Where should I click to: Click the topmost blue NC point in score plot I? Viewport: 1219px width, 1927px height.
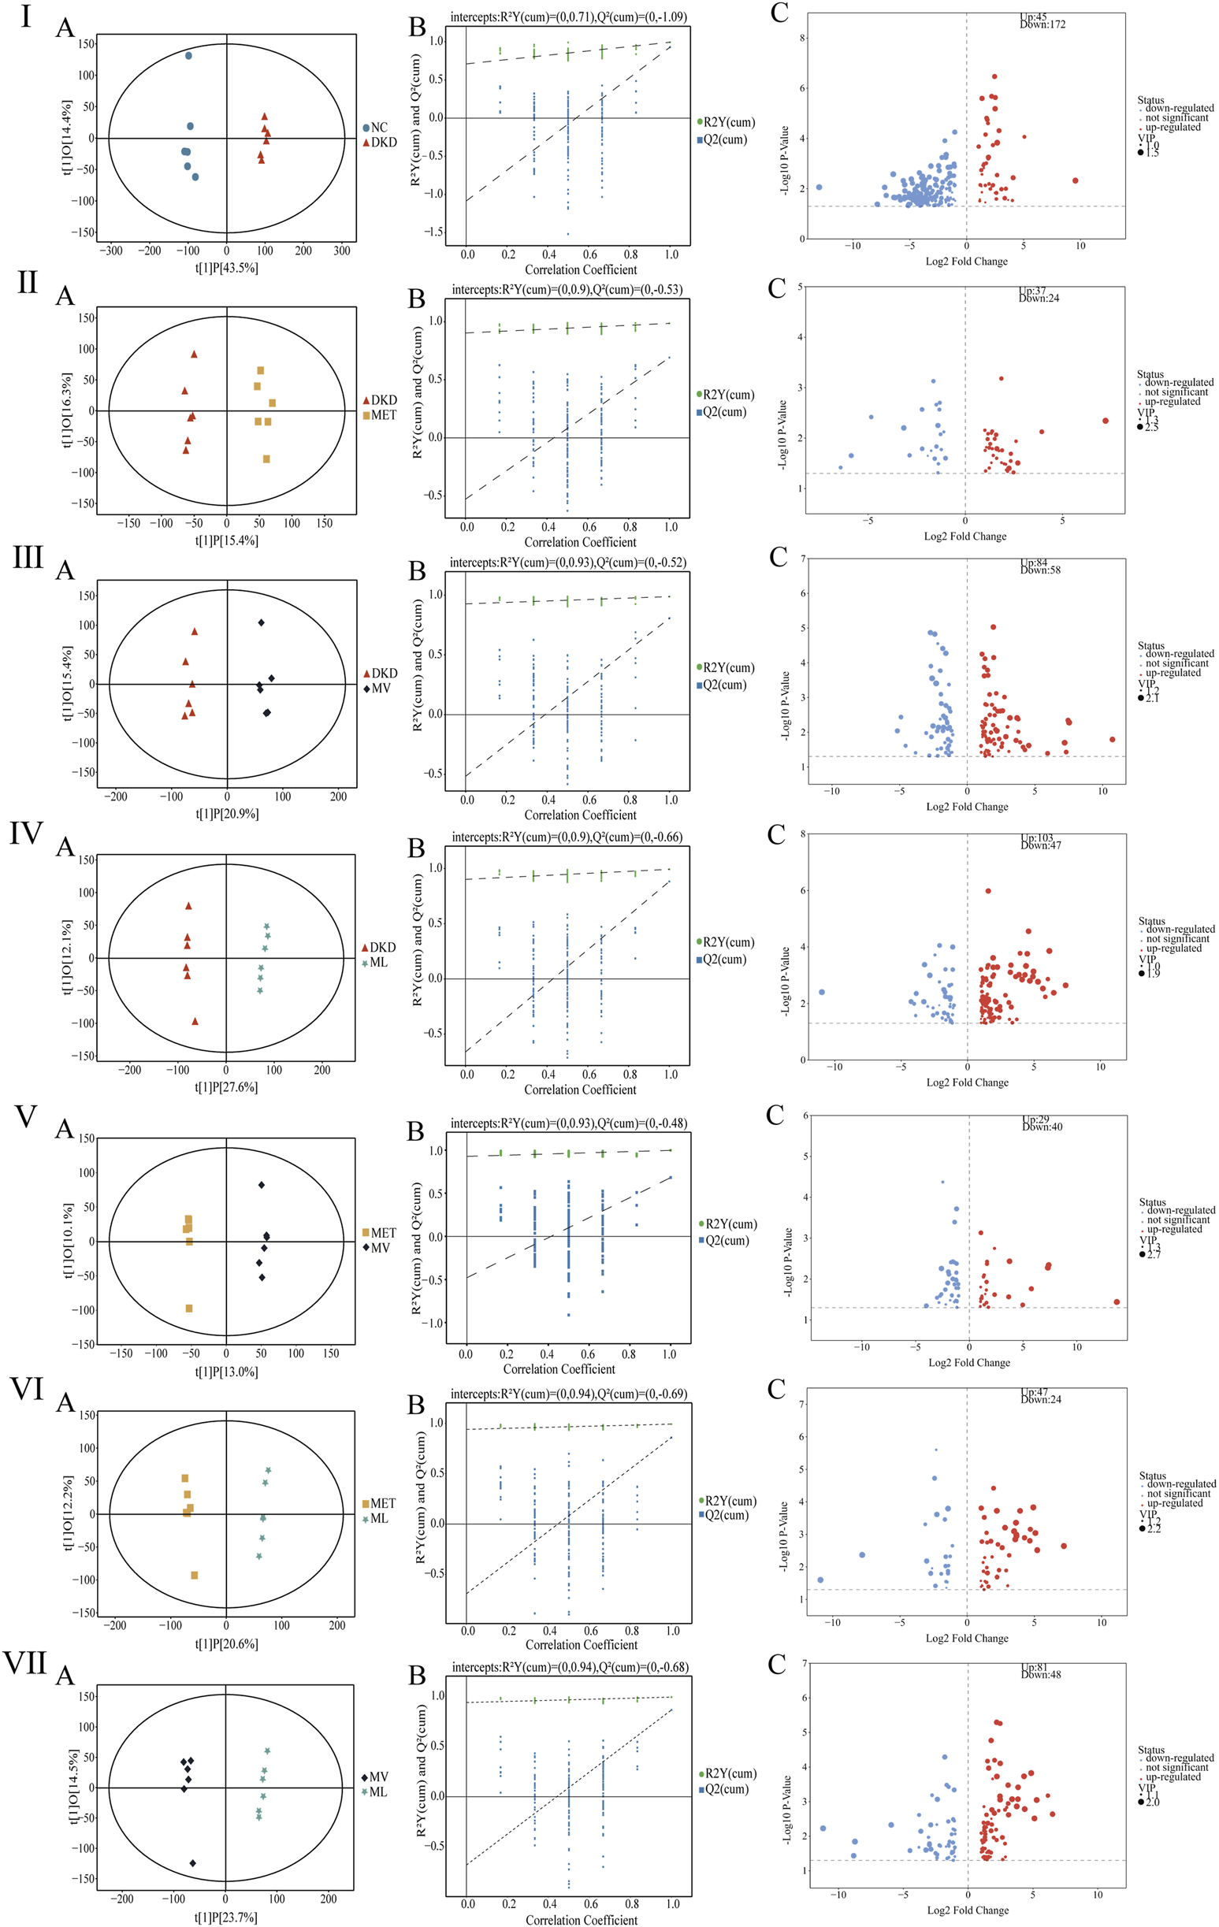[x=188, y=56]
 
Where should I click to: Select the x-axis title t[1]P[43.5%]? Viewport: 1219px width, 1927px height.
[x=226, y=268]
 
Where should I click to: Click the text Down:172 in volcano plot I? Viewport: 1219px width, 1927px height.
[x=1042, y=24]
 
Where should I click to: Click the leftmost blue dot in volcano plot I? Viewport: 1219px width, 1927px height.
[x=819, y=188]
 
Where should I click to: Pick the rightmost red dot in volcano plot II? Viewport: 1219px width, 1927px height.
[x=1106, y=421]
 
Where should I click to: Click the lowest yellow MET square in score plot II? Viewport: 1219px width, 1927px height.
[x=266, y=459]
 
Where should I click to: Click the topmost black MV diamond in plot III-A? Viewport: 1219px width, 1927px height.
[x=261, y=622]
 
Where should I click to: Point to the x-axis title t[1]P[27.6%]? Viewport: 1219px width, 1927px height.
[x=226, y=1086]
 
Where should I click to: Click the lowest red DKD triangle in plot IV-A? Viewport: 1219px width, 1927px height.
[x=195, y=1021]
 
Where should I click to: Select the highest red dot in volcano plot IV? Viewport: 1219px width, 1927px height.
[x=988, y=891]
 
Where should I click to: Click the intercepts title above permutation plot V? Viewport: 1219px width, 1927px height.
[x=568, y=1123]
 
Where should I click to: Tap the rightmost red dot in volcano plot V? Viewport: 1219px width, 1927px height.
[x=1117, y=1302]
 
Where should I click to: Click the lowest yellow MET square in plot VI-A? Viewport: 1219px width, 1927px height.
[x=195, y=1575]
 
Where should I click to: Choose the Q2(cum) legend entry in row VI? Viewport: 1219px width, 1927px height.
[x=725, y=1515]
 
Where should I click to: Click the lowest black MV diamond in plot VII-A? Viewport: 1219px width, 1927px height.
[x=193, y=1863]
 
